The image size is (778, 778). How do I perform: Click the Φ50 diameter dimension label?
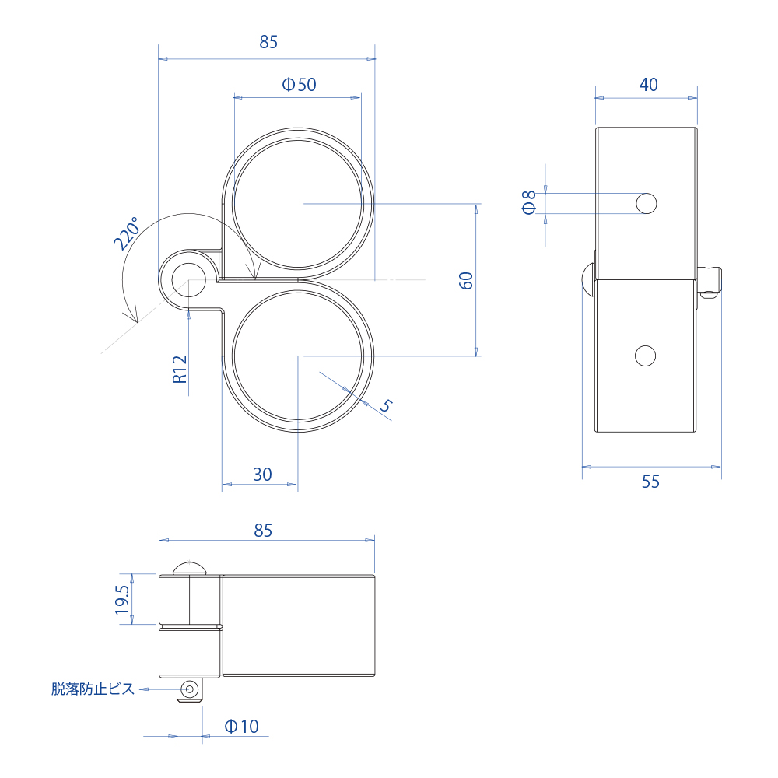coord(299,85)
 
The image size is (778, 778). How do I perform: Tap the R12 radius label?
coord(180,369)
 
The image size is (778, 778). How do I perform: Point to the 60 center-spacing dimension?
coord(466,281)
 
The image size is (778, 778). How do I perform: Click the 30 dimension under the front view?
coord(263,474)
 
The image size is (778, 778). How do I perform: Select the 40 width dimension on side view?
coord(648,85)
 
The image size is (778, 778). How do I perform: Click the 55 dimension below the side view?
coord(650,482)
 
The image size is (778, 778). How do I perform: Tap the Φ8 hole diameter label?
coord(529,202)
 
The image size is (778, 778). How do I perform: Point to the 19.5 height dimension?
coord(122,600)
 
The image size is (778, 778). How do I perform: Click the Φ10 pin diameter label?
coord(241,727)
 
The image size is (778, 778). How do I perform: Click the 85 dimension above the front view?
coord(268,43)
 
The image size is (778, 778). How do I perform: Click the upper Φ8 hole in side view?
coord(646,204)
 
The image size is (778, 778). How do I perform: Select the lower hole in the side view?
coord(645,356)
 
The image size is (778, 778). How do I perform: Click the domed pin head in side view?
coord(588,279)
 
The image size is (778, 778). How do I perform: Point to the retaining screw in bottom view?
coord(189,689)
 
